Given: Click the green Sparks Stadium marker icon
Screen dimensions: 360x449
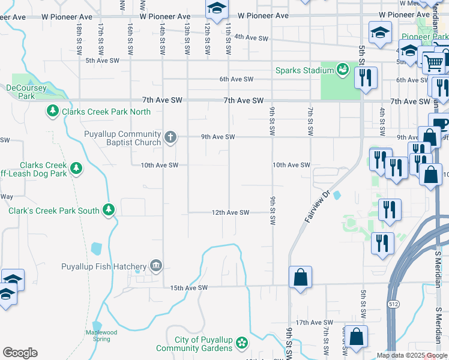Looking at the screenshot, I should point(342,70).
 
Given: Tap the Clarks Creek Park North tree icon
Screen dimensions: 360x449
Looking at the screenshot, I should point(53,111).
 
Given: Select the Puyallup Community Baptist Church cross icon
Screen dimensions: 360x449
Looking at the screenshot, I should point(170,137).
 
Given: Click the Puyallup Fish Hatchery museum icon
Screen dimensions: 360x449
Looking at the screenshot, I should point(155,266).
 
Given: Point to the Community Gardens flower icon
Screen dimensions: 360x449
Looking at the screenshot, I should point(242,343).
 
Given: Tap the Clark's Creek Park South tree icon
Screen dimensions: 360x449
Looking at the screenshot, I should point(109,210).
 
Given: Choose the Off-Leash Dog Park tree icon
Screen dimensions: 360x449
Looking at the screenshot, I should point(76,169).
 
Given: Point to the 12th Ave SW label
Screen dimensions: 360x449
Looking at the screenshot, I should point(230,212).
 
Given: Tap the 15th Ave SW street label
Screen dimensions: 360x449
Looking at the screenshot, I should point(188,288).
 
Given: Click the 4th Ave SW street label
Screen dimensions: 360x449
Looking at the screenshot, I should point(251,38).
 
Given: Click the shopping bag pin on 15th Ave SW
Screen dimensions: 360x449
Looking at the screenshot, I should point(300,278).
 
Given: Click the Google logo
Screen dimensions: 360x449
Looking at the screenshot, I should point(20,353).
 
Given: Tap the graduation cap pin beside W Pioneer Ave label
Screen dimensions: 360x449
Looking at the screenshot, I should point(217,8).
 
